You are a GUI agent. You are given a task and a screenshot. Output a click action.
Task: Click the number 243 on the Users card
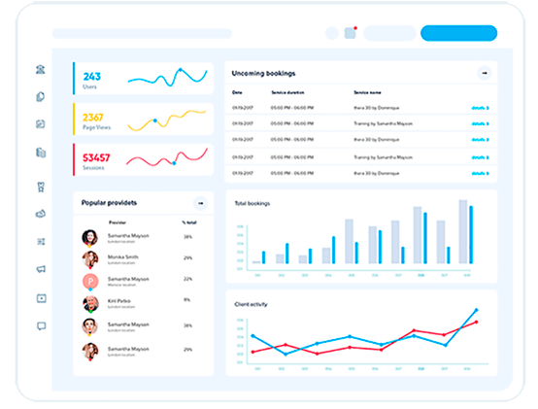[91, 76]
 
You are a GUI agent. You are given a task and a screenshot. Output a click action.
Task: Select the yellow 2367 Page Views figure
[93, 118]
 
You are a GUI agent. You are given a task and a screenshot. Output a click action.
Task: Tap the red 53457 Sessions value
[96, 157]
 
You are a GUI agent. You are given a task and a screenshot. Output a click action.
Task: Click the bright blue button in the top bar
[458, 33]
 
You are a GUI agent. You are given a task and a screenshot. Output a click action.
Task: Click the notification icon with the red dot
[351, 33]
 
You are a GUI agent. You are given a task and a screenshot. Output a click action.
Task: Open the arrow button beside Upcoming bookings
[483, 73]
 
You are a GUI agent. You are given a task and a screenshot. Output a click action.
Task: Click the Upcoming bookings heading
[264, 73]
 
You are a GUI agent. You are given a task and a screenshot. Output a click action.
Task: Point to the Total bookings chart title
[252, 204]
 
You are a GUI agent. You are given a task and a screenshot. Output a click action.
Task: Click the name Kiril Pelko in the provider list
[121, 300]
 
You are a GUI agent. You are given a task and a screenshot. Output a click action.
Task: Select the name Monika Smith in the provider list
[123, 257]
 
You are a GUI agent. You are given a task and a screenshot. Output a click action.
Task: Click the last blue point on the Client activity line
[476, 311]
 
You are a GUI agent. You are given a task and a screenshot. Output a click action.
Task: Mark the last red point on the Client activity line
[476, 323]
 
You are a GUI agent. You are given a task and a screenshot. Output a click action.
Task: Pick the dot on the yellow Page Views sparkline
[154, 121]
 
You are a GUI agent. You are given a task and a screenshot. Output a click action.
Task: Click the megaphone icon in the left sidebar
[41, 269]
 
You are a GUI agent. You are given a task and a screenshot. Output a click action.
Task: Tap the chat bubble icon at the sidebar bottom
[41, 326]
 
